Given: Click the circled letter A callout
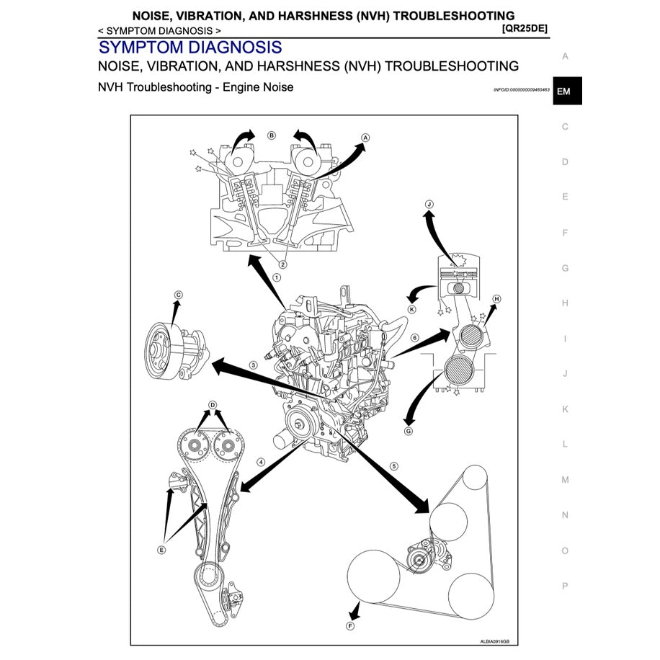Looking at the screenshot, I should coord(365,137).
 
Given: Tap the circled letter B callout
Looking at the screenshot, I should coord(272,135).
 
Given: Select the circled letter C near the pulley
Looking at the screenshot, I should coord(179,294).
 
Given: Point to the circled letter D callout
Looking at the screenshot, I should coord(213,405).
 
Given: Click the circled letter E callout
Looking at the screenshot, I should coord(161,549).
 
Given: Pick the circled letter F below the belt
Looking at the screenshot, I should coord(350,626).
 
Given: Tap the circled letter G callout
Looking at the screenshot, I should coord(408,432).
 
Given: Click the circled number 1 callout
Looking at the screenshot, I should coord(277,277).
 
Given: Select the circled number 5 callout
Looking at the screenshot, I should coord(393,466).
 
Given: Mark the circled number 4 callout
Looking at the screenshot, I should coord(261,462).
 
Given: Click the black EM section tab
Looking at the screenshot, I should coord(566,92).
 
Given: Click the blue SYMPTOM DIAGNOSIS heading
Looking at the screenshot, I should coord(190,48).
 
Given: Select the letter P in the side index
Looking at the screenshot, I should coord(565,586).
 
